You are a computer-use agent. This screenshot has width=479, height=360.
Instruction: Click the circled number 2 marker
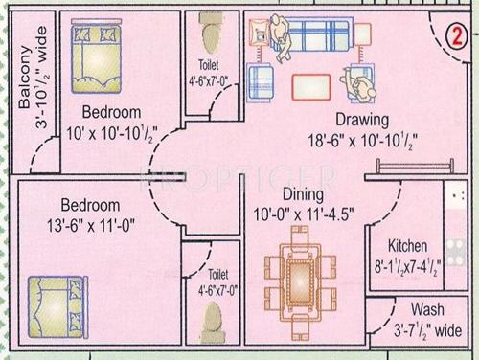455,26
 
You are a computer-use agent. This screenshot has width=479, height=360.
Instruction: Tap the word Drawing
361,121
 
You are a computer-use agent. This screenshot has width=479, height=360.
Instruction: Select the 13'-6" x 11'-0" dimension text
92,225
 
